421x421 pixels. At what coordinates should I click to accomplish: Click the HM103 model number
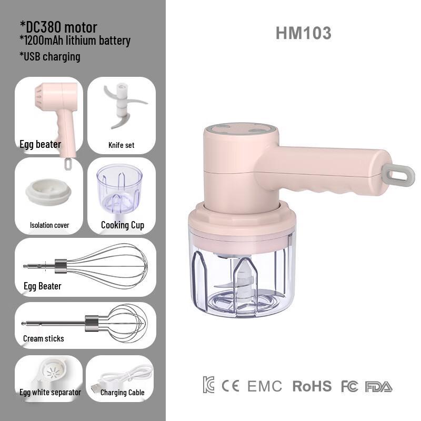[304, 33]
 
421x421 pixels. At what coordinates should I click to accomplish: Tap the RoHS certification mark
[312, 386]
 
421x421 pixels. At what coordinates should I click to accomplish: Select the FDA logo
[378, 387]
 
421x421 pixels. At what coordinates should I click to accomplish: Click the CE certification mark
[230, 386]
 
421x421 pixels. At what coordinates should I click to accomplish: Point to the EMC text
[265, 386]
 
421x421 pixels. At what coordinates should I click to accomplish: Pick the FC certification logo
[349, 386]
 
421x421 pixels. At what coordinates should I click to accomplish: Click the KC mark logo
[208, 385]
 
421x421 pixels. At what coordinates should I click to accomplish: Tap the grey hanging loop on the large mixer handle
[398, 175]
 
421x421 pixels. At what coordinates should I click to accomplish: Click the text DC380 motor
[58, 27]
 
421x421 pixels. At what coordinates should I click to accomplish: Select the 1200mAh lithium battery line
[75, 41]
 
